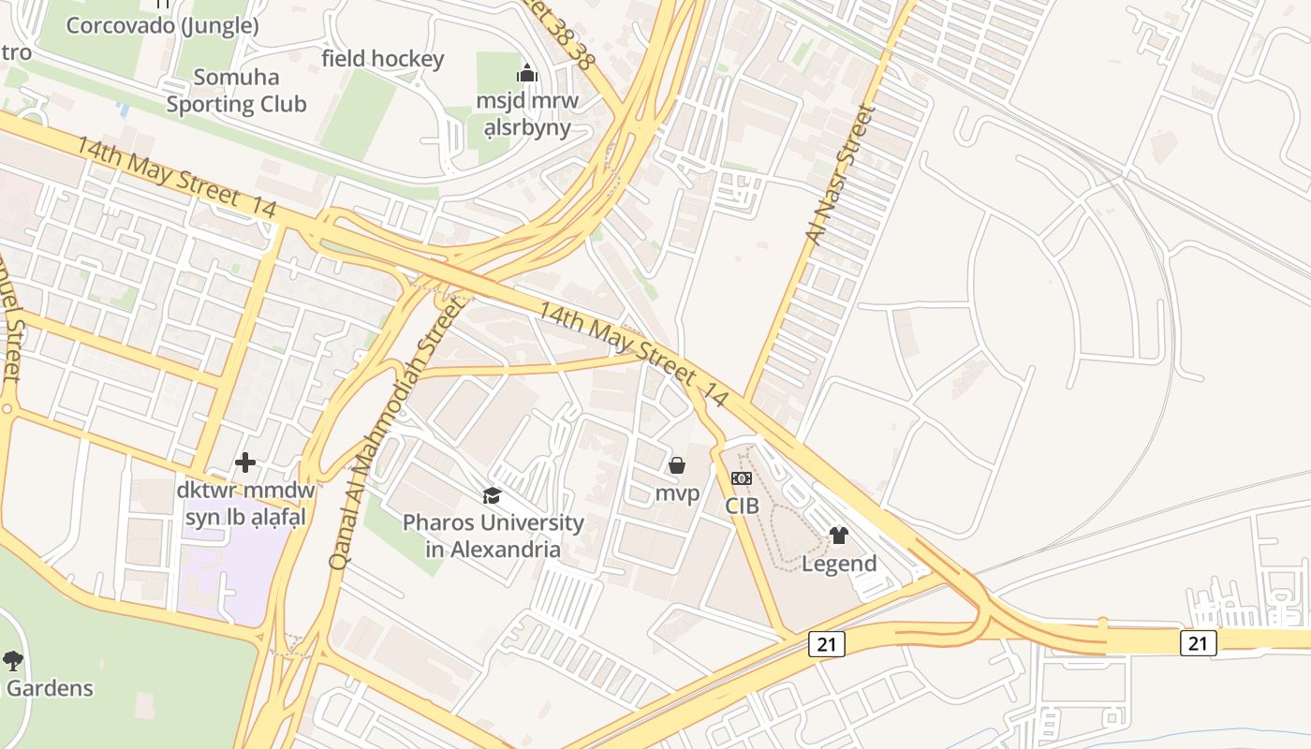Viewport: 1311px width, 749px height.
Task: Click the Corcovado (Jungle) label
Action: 162,25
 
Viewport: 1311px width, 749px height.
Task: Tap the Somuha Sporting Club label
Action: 236,91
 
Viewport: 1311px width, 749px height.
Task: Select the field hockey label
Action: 382,59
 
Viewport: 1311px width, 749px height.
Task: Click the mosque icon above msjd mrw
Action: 527,73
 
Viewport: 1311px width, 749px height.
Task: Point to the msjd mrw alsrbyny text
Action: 527,113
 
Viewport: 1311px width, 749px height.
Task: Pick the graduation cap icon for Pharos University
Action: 492,496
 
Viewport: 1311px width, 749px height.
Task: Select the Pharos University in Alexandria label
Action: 493,536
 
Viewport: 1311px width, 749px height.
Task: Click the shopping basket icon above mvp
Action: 677,465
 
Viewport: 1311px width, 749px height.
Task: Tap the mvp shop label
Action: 677,492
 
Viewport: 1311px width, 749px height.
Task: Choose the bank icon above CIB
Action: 741,478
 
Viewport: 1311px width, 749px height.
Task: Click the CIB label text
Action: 741,506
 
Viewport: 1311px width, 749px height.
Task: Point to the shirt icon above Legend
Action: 839,536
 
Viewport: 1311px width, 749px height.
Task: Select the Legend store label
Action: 839,564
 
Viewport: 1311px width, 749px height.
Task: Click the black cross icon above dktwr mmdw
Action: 245,463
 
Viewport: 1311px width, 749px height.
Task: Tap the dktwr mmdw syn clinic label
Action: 246,503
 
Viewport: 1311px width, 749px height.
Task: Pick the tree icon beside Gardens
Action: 13,661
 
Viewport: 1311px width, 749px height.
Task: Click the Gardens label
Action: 51,688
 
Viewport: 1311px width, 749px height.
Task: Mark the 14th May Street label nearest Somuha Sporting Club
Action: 175,179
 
